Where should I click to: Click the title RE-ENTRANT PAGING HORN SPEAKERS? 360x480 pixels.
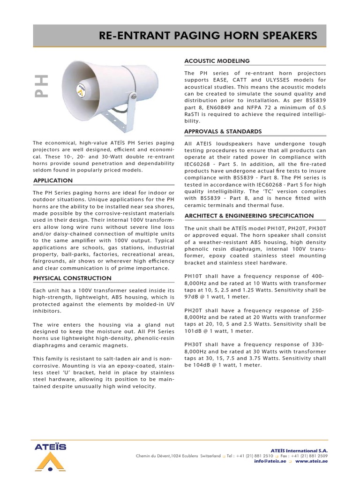[208, 36]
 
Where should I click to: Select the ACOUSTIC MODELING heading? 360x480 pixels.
[217, 61]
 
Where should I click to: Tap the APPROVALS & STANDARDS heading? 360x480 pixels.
[223, 131]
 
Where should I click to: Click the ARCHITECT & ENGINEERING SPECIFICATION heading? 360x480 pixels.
[248, 216]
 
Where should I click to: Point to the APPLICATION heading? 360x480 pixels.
[53, 180]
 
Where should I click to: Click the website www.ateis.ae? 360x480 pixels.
[311, 461]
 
